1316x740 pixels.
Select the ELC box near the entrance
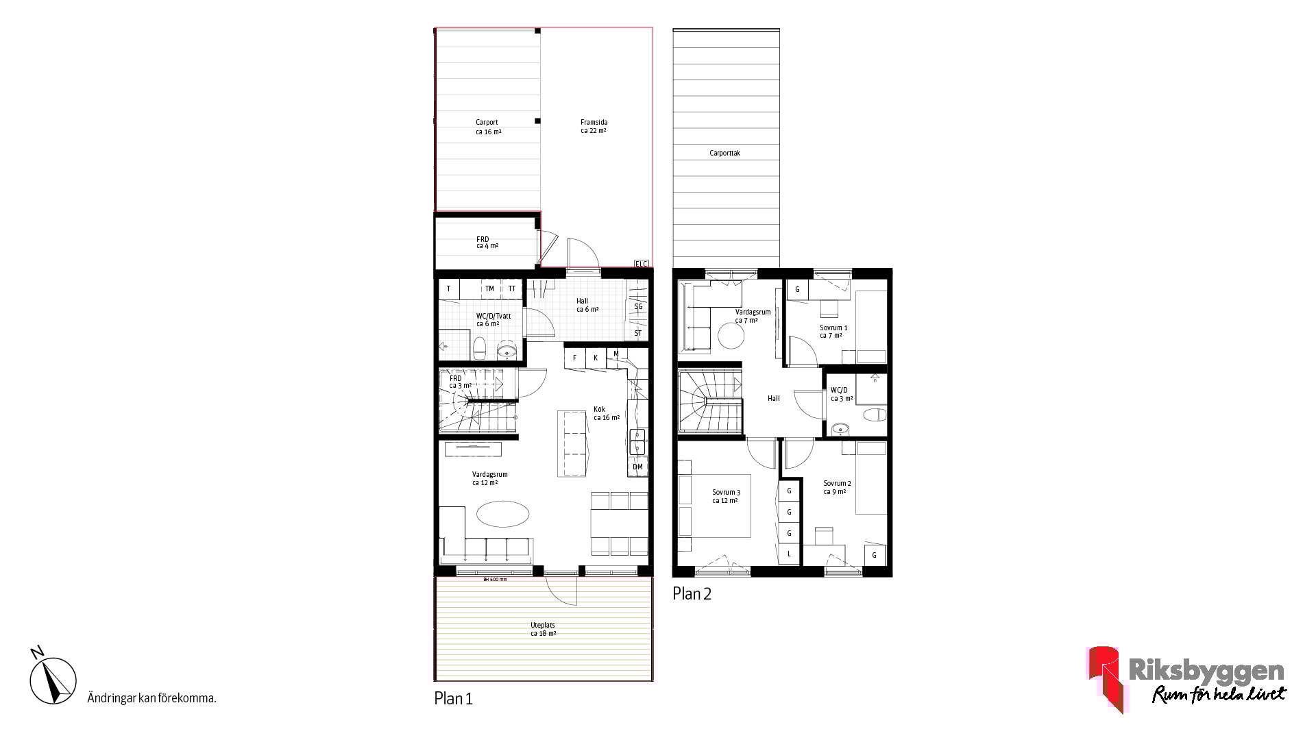coord(641,263)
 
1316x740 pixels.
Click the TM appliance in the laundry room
coord(490,288)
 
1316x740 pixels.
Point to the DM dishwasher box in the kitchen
coord(637,467)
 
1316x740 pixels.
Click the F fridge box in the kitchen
coord(574,358)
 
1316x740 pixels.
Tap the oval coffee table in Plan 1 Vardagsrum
coord(502,514)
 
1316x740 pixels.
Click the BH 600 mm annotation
coord(495,580)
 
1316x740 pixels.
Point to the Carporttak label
coord(724,153)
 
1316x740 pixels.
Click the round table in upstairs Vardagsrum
coord(731,336)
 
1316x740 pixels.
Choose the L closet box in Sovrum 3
coord(790,554)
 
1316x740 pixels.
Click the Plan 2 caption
coord(692,594)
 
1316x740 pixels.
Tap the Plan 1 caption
coord(453,699)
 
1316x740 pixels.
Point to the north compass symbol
coord(52,676)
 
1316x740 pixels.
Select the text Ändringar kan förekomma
coord(152,699)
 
